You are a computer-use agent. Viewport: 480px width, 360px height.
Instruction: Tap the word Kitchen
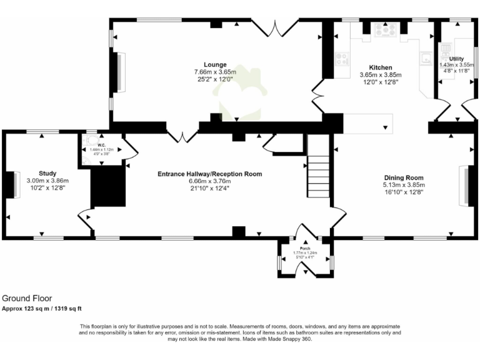(380, 67)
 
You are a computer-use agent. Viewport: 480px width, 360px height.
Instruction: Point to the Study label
(47, 173)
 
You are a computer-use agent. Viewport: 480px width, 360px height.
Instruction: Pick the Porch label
(306, 248)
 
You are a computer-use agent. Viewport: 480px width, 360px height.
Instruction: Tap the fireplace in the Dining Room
(466, 186)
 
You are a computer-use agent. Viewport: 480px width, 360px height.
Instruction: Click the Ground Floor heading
(27, 299)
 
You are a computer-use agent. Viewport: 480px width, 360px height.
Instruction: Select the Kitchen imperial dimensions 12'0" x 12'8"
(380, 81)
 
